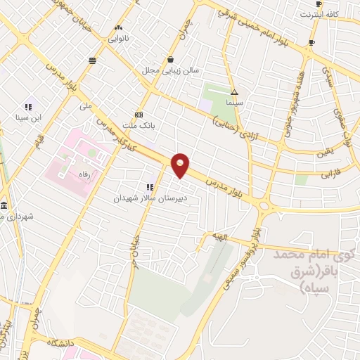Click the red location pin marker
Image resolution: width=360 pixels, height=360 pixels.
[x=181, y=165]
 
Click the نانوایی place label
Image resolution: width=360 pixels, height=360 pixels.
[x=117, y=38]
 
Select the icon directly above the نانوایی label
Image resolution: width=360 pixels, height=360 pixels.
[x=118, y=28]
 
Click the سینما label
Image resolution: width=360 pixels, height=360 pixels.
[x=234, y=103]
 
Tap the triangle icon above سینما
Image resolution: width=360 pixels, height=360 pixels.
[x=234, y=92]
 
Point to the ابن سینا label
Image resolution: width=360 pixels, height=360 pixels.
[x=30, y=117]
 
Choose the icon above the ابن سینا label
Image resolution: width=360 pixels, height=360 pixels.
[x=28, y=107]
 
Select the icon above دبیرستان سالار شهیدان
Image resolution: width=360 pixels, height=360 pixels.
[x=150, y=187]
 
